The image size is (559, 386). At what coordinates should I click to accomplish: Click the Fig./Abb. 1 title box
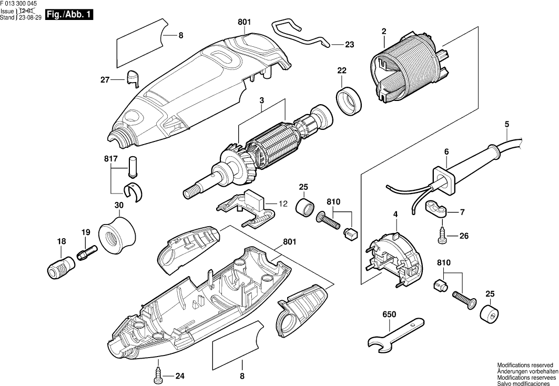[69, 15]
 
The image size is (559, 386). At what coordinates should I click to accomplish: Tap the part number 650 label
[389, 314]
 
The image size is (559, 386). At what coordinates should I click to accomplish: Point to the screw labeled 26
[442, 237]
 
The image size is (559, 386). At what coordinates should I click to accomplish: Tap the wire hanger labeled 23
[300, 34]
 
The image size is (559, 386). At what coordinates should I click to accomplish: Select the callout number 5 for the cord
[506, 125]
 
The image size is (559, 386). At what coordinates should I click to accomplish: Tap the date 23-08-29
[30, 17]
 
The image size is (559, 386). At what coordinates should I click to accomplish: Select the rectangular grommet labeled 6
[442, 178]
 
